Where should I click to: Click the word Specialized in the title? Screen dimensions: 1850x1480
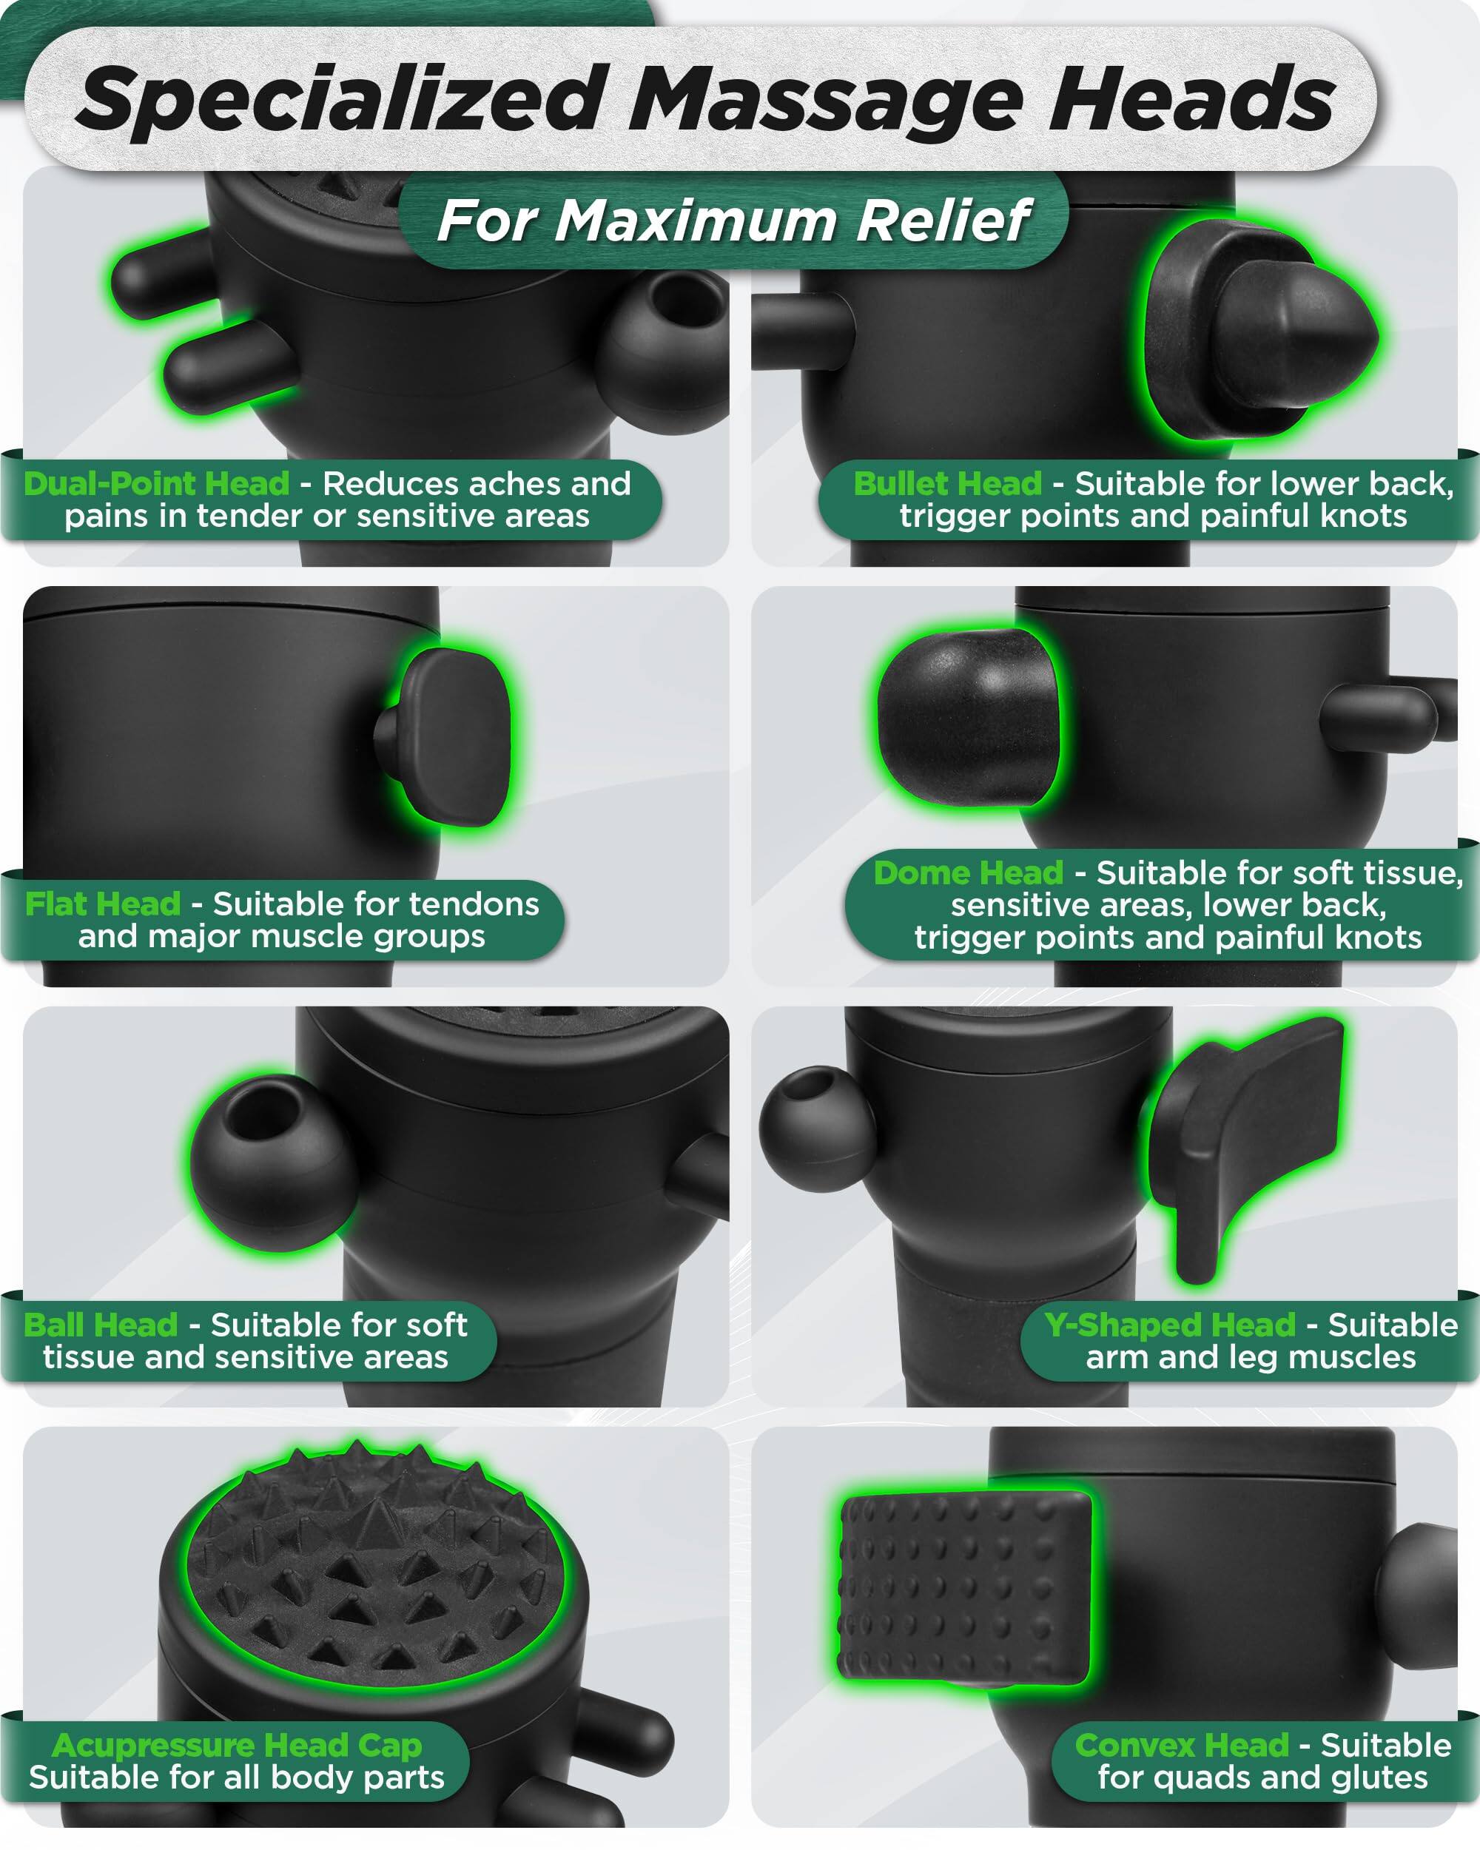(x=339, y=101)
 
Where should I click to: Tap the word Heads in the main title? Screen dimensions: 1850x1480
(x=1191, y=101)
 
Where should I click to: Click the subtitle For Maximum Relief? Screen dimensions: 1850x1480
(x=733, y=221)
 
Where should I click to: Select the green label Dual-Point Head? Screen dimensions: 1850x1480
(x=156, y=484)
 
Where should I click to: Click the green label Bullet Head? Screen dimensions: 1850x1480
(x=947, y=484)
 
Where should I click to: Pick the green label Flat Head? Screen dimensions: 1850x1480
(x=103, y=904)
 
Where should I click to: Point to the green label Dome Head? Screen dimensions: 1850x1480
(x=968, y=873)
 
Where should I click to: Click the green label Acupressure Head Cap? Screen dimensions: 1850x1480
(x=237, y=1746)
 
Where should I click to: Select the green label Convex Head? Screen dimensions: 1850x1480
(x=1182, y=1746)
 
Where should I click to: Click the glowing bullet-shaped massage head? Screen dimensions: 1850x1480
(x=1261, y=330)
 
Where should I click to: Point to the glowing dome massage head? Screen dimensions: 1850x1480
(x=968, y=717)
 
